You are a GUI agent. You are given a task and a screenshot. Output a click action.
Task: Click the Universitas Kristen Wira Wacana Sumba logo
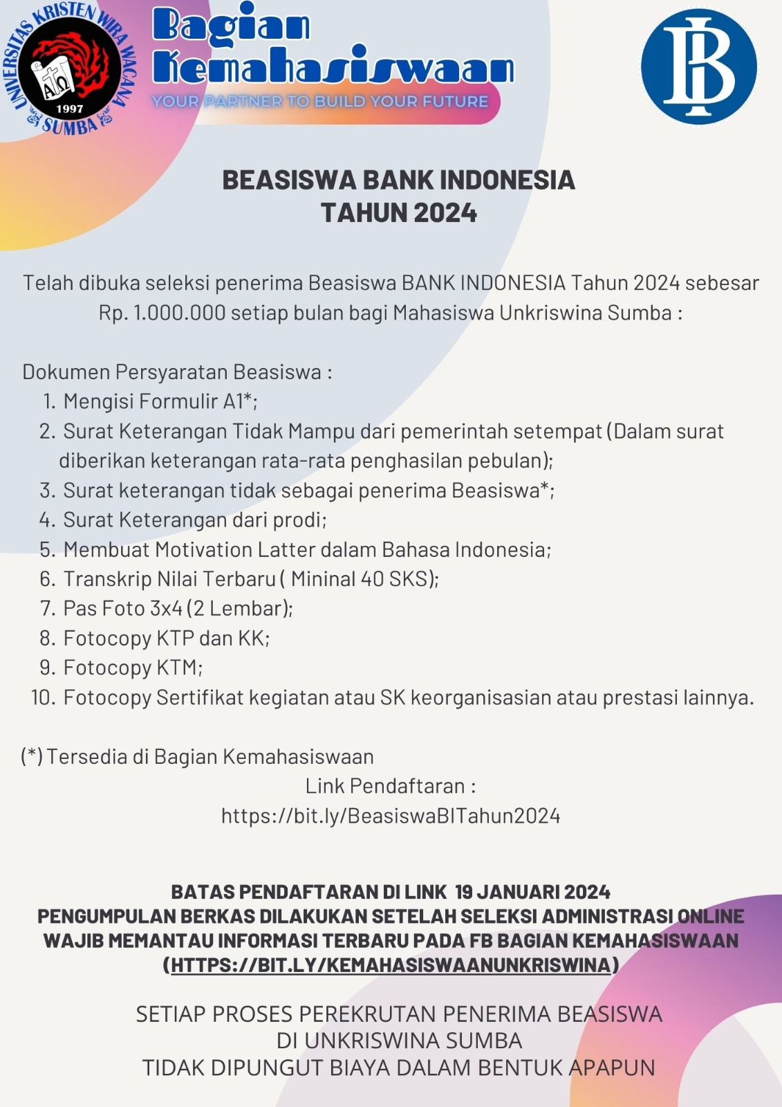click(x=69, y=68)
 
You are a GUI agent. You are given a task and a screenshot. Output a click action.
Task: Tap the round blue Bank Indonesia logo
click(x=698, y=66)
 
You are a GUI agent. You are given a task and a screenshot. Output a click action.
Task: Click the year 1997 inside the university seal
click(x=70, y=109)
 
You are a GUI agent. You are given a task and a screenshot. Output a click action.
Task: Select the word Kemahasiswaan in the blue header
click(x=333, y=68)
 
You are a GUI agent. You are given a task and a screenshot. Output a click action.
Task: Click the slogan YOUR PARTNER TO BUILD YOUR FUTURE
click(x=320, y=102)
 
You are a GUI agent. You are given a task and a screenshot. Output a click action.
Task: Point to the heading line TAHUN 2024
click(x=399, y=212)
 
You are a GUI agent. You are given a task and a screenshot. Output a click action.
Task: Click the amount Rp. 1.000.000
click(x=162, y=313)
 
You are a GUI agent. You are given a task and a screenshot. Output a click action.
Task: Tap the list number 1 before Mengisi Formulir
click(x=48, y=401)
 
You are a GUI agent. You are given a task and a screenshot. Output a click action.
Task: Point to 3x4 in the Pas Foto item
click(x=166, y=608)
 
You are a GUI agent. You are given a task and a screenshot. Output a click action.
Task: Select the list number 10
click(x=43, y=697)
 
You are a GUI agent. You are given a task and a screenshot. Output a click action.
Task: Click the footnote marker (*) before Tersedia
click(x=32, y=756)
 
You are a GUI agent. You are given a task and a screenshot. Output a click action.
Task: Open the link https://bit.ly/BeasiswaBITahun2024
click(x=391, y=816)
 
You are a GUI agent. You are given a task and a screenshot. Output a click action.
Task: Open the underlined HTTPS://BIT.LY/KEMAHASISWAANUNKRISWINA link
click(x=391, y=964)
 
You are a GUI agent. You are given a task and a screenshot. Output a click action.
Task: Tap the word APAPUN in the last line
click(x=611, y=1068)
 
